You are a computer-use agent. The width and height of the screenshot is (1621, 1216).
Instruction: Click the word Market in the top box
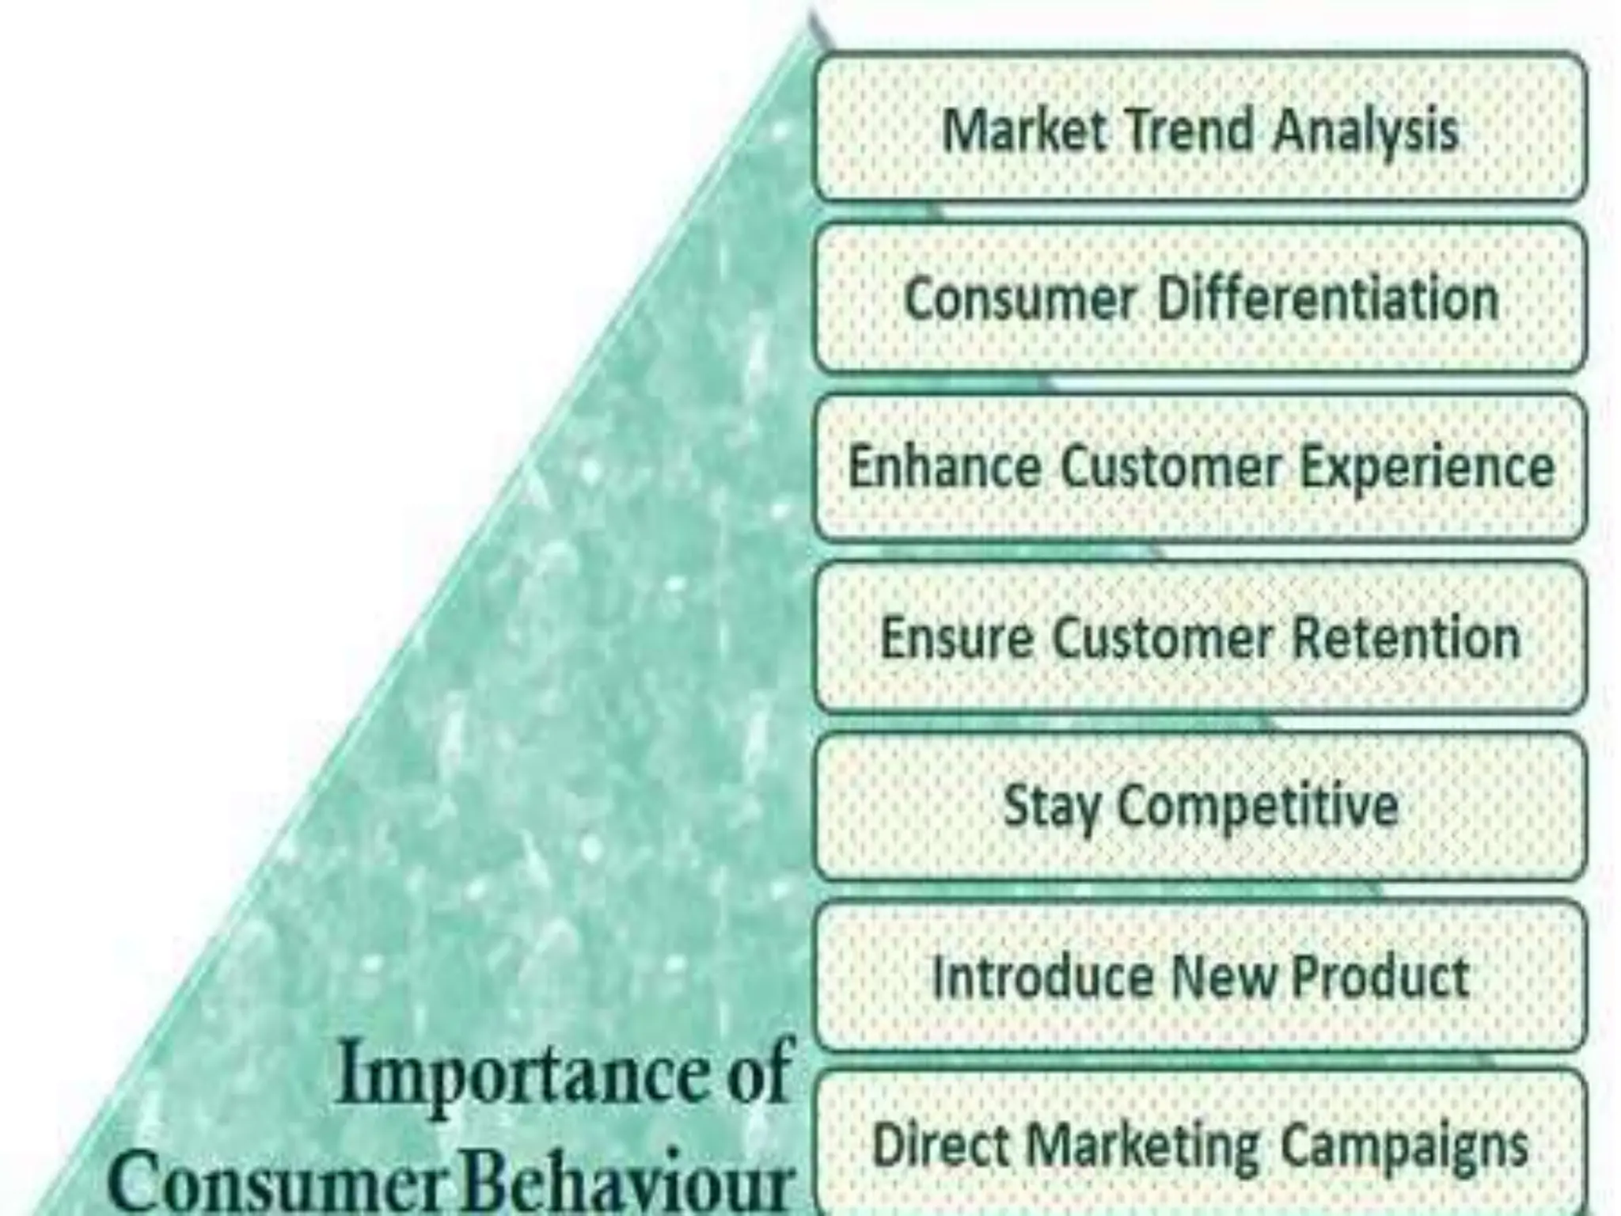(1024, 130)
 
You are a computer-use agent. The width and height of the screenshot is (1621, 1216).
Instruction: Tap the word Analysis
(1366, 131)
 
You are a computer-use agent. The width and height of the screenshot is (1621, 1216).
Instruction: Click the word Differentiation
(1328, 299)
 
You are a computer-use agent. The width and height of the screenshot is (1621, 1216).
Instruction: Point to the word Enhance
(944, 467)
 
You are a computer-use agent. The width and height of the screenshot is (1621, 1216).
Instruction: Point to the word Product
(1380, 977)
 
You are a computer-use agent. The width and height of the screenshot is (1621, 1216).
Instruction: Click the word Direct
(941, 1146)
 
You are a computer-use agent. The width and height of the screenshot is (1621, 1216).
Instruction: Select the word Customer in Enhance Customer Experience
(1171, 467)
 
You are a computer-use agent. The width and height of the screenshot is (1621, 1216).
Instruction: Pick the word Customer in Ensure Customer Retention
(1163, 637)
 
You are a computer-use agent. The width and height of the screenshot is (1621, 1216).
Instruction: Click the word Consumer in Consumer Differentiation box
(1020, 299)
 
